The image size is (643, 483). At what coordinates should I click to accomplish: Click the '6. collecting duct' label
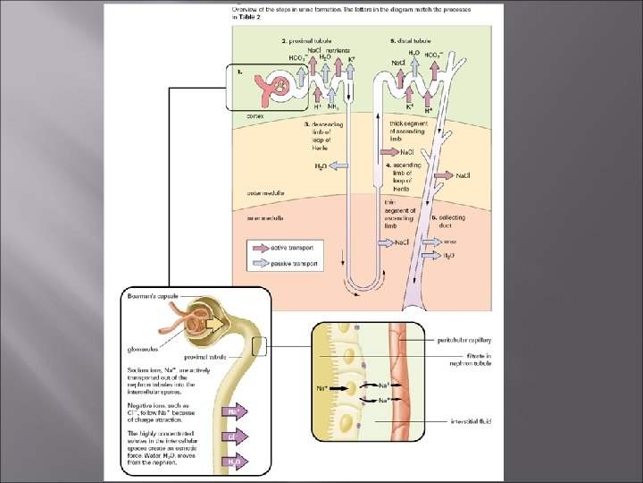pos(446,221)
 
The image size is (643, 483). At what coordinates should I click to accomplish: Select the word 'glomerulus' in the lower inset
pos(142,349)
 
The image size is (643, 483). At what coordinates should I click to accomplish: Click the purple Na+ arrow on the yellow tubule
pos(233,413)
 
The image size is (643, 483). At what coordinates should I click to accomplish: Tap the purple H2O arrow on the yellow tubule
pos(233,462)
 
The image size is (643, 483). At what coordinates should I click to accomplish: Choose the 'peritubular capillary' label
pos(464,340)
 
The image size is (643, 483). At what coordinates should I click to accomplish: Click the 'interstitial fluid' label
pos(471,420)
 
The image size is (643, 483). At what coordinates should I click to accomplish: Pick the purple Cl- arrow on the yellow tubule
pos(233,438)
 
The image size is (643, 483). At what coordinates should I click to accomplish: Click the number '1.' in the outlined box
pos(238,72)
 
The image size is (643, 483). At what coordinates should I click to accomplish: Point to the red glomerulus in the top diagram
pos(280,87)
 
